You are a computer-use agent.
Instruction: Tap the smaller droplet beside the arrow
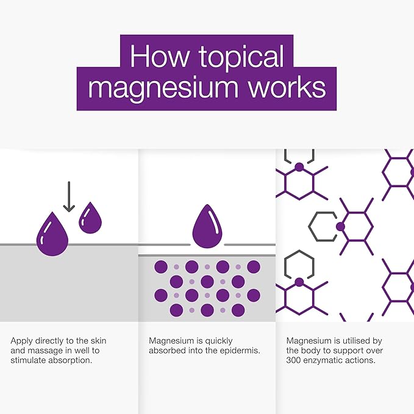(x=90, y=218)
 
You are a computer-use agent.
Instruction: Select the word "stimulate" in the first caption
(x=27, y=360)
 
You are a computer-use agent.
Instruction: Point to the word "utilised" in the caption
(x=354, y=341)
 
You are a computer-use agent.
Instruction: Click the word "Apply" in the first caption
(x=21, y=341)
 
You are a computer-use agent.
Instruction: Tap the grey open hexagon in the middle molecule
(x=321, y=226)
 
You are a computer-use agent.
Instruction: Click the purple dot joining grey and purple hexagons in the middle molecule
(x=340, y=226)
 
